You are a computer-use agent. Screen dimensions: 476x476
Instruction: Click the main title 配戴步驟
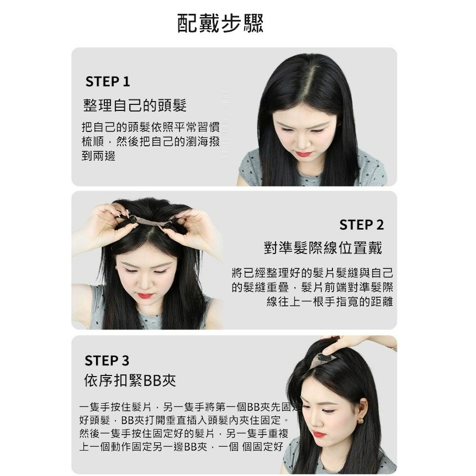pos(220,23)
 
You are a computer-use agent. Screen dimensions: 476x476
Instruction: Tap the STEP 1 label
pos(108,82)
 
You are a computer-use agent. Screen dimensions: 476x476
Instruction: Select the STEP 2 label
pos(362,225)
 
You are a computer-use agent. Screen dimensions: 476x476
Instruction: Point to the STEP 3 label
pos(107,361)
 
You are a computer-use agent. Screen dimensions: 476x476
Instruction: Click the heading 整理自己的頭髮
pos(135,105)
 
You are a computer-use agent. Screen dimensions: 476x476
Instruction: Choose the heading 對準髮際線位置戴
pos(323,248)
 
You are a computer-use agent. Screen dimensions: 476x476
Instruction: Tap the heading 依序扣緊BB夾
pos(130,380)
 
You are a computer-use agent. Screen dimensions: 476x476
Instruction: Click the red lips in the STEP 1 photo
pos(304,154)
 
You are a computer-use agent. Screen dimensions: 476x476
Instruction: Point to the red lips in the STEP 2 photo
pos(145,295)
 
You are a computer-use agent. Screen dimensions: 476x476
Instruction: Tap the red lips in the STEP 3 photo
pos(319,435)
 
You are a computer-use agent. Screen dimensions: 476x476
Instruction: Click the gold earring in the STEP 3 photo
pos(360,421)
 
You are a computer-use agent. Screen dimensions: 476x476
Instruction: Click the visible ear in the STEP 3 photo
pos(361,410)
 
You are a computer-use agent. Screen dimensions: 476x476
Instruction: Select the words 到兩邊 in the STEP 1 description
pos(99,156)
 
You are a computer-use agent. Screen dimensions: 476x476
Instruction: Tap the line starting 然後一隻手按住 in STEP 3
pos(184,433)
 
